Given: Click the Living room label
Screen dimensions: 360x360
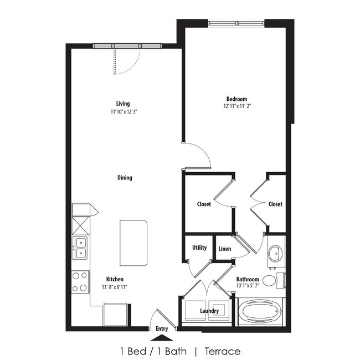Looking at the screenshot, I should click(123, 104).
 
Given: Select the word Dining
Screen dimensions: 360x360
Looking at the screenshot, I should click(125, 178).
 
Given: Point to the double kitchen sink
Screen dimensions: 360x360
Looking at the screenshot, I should click(81, 248).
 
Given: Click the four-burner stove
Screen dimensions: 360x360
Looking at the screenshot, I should click(80, 281).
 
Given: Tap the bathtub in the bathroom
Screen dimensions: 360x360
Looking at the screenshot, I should click(260, 313).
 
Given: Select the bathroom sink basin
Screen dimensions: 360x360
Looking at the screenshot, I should click(275, 254).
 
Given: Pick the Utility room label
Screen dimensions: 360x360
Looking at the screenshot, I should click(199, 248).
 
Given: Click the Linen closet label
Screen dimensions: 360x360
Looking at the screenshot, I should click(224, 249).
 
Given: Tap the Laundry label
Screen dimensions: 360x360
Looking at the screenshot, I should click(209, 311).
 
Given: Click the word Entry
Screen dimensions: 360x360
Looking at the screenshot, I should click(162, 328).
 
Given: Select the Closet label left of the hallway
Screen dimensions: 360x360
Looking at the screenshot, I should click(204, 204).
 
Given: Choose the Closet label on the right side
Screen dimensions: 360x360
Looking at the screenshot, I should click(275, 204).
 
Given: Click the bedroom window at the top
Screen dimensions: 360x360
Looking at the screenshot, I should click(237, 23).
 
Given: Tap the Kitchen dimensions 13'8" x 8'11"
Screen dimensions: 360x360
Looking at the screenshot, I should click(115, 287).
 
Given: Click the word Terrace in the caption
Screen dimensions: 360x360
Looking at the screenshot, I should click(222, 351).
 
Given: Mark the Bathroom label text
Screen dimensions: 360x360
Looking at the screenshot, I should click(248, 280).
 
